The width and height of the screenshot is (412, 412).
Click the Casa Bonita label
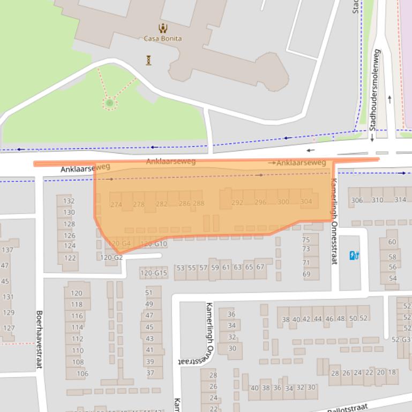point(162,39)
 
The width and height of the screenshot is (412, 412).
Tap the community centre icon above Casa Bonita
point(162,28)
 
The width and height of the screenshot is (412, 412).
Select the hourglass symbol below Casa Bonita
point(148,60)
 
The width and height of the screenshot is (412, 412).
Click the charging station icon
point(354,256)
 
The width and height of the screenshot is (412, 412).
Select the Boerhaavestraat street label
point(39,339)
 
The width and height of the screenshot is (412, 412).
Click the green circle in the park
point(109,103)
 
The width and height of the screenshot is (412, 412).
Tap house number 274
point(116,204)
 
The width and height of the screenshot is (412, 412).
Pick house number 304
point(306,202)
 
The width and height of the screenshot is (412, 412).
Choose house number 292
point(237,203)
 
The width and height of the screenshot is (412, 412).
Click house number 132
point(69,201)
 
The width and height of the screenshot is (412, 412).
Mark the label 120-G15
point(153,273)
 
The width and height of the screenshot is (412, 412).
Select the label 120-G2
point(111,257)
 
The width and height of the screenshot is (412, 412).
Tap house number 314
point(400,200)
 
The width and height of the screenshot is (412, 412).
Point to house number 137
point(8,250)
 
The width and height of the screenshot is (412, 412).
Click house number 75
point(306,240)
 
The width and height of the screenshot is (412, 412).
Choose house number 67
point(260,267)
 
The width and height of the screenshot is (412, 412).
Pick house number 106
point(83,373)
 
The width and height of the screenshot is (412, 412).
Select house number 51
point(149,293)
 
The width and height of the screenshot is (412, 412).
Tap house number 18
point(392,372)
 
